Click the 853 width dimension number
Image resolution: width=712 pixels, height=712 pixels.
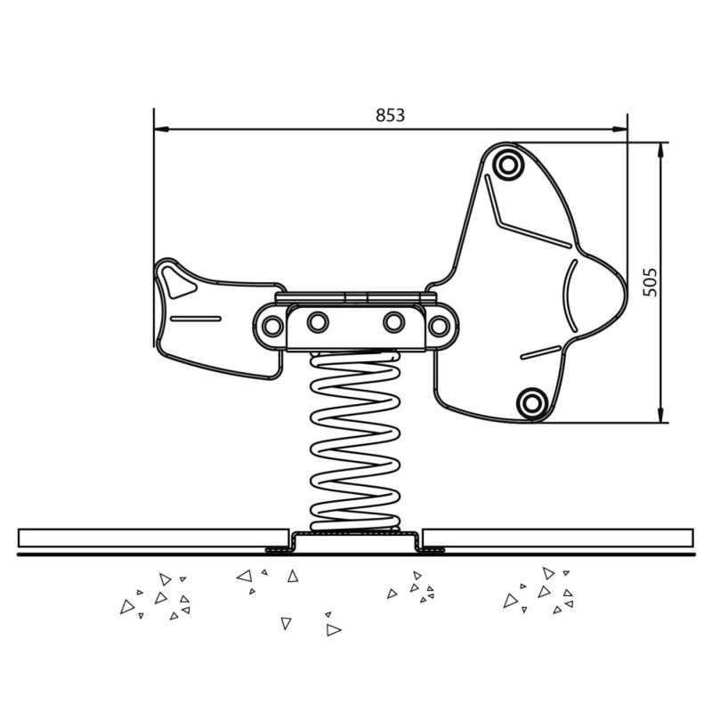click(x=390, y=116)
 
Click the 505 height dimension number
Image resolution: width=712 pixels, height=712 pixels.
click(x=651, y=282)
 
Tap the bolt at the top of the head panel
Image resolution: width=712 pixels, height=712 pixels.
click(x=507, y=165)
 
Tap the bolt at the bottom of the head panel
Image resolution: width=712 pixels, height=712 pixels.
click(x=531, y=402)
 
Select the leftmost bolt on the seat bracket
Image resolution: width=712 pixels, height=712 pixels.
click(x=272, y=325)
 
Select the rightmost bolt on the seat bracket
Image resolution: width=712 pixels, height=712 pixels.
click(x=439, y=326)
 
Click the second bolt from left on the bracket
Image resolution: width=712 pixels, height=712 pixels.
click(x=318, y=322)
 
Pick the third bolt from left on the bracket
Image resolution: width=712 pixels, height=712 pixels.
click(x=393, y=322)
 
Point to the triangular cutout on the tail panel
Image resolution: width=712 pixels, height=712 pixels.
click(x=179, y=282)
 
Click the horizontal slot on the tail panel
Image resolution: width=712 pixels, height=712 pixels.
click(x=196, y=319)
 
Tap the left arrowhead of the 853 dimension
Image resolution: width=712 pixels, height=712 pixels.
click(x=161, y=129)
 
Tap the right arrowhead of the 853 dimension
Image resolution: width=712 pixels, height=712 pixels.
click(x=619, y=129)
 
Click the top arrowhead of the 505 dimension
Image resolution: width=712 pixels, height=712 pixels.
click(x=660, y=150)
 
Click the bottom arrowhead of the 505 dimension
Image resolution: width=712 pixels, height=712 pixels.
click(x=660, y=415)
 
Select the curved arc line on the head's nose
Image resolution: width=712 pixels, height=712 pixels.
click(x=570, y=295)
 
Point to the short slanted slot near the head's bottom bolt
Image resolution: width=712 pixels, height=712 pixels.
click(x=541, y=352)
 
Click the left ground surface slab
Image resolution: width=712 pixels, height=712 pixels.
click(x=154, y=538)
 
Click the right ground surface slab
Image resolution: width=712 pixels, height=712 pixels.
click(x=558, y=538)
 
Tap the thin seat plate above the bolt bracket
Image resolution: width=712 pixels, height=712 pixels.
click(x=355, y=298)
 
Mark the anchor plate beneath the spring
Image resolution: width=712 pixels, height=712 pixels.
click(x=355, y=541)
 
